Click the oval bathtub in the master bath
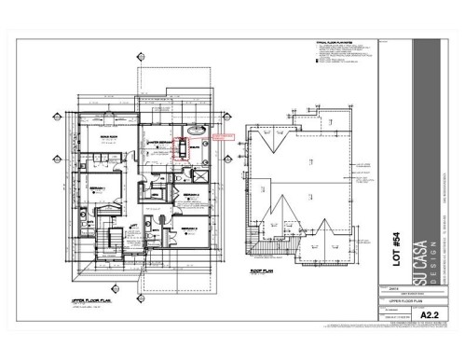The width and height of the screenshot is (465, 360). coord(198,131)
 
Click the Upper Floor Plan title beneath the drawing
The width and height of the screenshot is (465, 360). coord(89,277)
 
